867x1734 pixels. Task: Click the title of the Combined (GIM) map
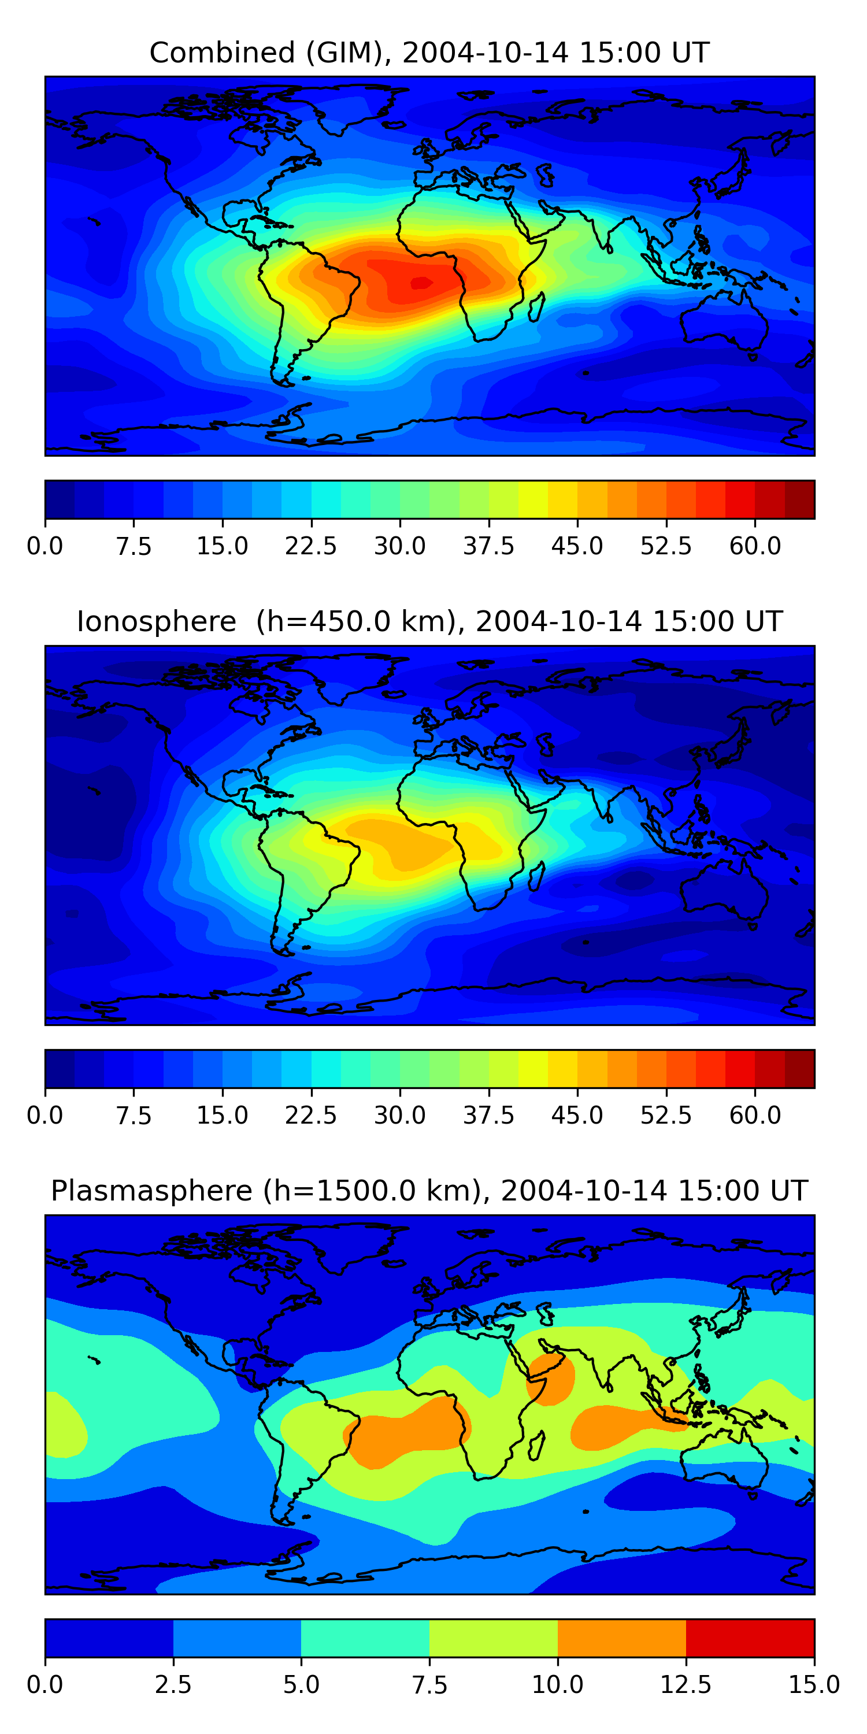tap(429, 53)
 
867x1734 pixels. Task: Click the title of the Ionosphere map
tap(429, 621)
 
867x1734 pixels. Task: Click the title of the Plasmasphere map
tap(429, 1191)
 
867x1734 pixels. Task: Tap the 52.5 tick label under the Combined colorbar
tap(666, 546)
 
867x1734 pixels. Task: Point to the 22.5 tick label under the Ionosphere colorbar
tap(311, 1116)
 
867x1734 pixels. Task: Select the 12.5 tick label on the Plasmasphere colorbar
tap(686, 1685)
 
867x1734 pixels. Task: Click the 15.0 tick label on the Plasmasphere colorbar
tap(814, 1685)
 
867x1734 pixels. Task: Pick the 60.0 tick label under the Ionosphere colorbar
tap(755, 1116)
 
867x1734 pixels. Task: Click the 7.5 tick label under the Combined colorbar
tap(134, 546)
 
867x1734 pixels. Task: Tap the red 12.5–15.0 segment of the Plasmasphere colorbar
tap(750, 1637)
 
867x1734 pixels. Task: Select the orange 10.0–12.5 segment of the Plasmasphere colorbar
tap(621, 1637)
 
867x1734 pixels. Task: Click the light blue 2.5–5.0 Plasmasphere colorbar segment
tap(237, 1637)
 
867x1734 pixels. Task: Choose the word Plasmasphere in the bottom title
tap(151, 1191)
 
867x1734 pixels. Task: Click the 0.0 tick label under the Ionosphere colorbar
tap(45, 1116)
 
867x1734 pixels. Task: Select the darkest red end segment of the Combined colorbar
tap(800, 499)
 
